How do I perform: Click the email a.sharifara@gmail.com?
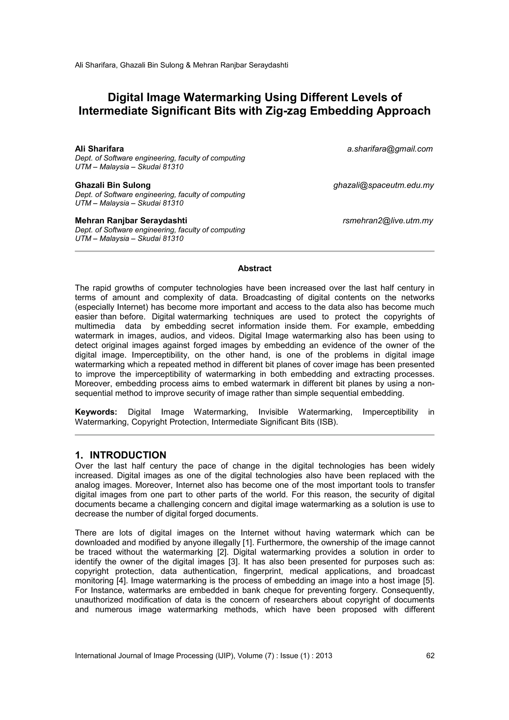[x=389, y=149]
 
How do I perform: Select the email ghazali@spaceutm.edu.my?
[x=383, y=185]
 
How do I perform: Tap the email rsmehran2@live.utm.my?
[x=388, y=221]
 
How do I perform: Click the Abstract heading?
[x=254, y=268]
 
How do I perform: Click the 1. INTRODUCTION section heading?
[x=121, y=455]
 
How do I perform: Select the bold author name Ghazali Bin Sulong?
[x=113, y=185]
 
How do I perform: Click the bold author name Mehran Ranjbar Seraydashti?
[x=131, y=221]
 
